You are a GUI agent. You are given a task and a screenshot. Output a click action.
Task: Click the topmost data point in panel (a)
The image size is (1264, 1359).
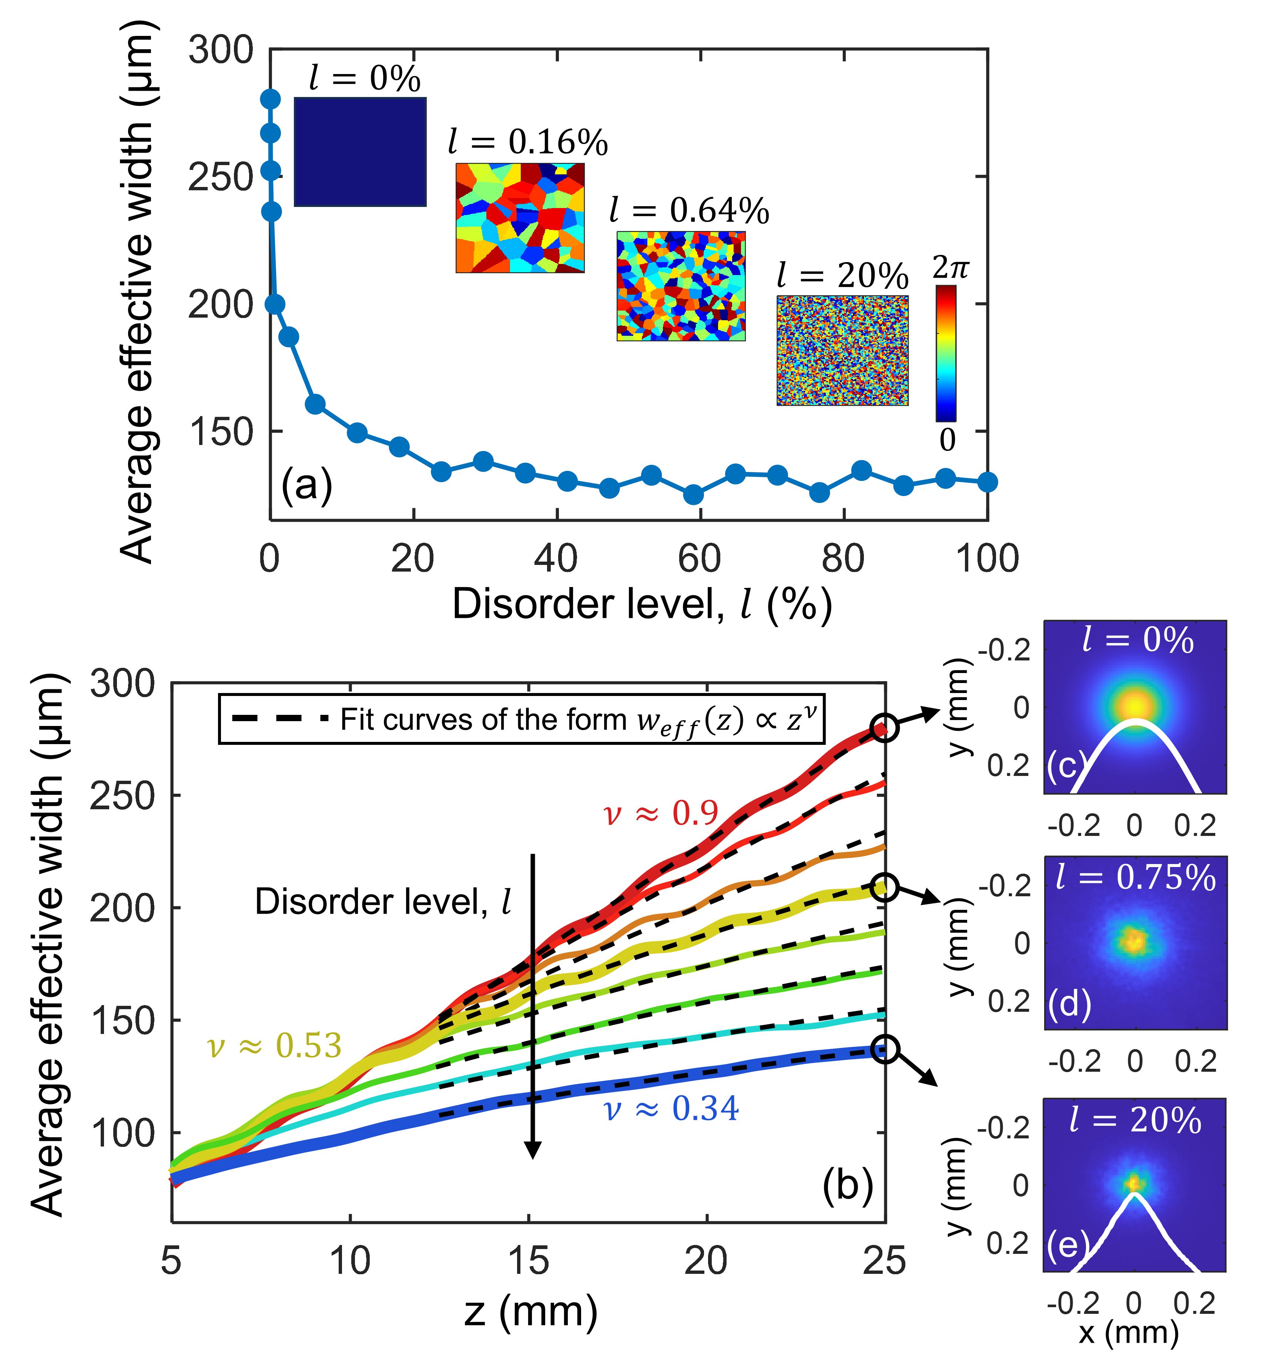pos(270,99)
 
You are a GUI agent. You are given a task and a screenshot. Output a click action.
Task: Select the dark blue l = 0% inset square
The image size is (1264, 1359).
pos(360,152)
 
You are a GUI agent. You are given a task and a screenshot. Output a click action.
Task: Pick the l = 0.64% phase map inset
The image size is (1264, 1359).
pos(681,286)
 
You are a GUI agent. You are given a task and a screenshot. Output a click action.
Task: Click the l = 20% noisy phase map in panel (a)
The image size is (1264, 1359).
pos(842,351)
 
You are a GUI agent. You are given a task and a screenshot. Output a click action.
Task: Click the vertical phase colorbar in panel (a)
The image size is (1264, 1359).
pos(946,353)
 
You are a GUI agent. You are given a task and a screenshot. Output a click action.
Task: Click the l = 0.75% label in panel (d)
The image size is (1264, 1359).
pos(1136,877)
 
